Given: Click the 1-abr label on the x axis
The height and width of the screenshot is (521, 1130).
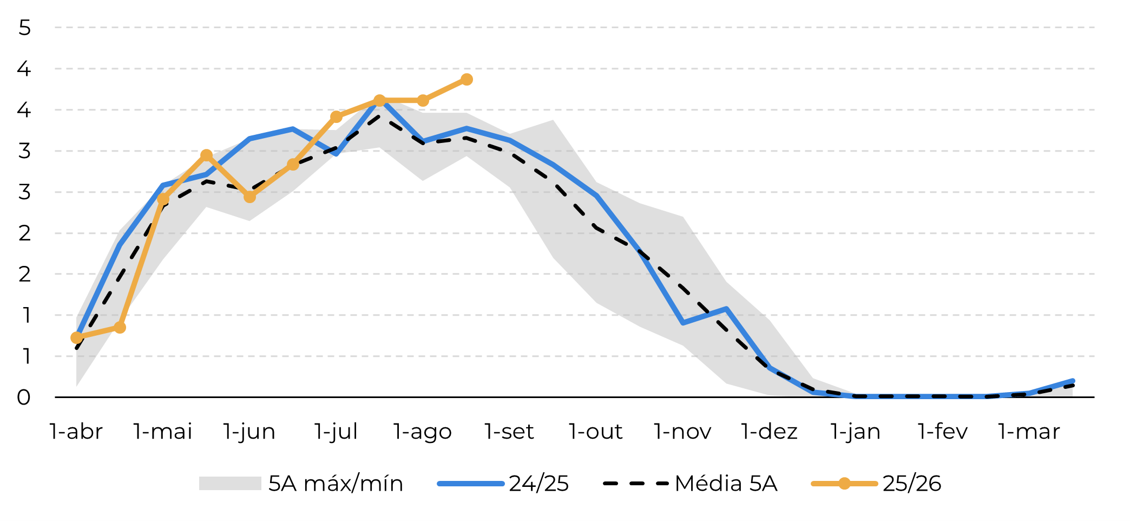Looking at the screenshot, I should tap(76, 432).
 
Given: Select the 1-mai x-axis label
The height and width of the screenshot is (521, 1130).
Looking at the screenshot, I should tap(163, 432).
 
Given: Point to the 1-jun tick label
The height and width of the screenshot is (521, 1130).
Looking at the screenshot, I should tap(249, 432).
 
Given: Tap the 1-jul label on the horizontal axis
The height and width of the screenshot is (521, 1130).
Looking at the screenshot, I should tap(336, 432).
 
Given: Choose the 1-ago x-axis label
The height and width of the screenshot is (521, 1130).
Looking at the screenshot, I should tap(423, 432).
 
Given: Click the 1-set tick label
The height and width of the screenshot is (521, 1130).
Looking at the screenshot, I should tap(509, 432).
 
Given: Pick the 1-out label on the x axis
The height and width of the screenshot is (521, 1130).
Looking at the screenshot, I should tap(596, 432).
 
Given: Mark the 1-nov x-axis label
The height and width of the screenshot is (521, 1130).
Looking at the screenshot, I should tap(682, 432).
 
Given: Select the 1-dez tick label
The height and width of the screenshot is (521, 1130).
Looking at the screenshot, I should tap(769, 432).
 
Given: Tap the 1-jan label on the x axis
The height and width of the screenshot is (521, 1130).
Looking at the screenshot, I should tap(856, 432).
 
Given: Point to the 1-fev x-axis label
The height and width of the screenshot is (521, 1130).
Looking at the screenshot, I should tap(943, 432).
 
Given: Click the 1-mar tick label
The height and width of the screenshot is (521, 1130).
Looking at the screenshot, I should tap(1029, 432).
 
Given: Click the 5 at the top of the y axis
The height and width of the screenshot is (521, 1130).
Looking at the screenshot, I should tap(24, 28).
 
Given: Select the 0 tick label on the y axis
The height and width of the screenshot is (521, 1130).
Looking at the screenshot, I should tap(24, 398).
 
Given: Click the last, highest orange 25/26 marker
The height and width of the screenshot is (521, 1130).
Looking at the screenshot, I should tap(467, 80).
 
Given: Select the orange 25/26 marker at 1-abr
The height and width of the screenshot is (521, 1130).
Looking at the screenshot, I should tap(77, 338).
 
